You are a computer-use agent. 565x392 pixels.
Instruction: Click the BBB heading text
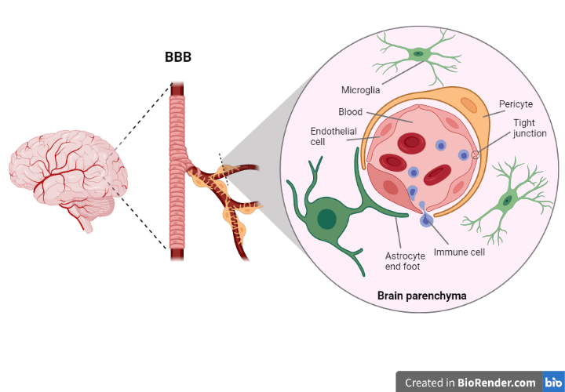[x=178, y=57]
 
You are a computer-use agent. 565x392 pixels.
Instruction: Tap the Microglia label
[x=361, y=89]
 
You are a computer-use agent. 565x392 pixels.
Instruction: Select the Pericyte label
[x=516, y=103]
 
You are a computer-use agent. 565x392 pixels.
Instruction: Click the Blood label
[x=350, y=112]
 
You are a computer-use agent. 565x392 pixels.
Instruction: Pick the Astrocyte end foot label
[x=405, y=261]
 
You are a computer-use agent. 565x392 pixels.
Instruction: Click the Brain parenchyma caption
[x=422, y=296]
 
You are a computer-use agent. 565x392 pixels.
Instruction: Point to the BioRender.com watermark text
[x=471, y=383]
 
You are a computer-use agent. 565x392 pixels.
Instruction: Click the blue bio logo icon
[x=553, y=383]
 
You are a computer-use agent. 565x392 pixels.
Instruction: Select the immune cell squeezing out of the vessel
[x=425, y=221]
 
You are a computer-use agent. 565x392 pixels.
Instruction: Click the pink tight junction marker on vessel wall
[x=476, y=154]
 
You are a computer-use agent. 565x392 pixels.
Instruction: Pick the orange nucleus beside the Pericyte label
[x=468, y=106]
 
